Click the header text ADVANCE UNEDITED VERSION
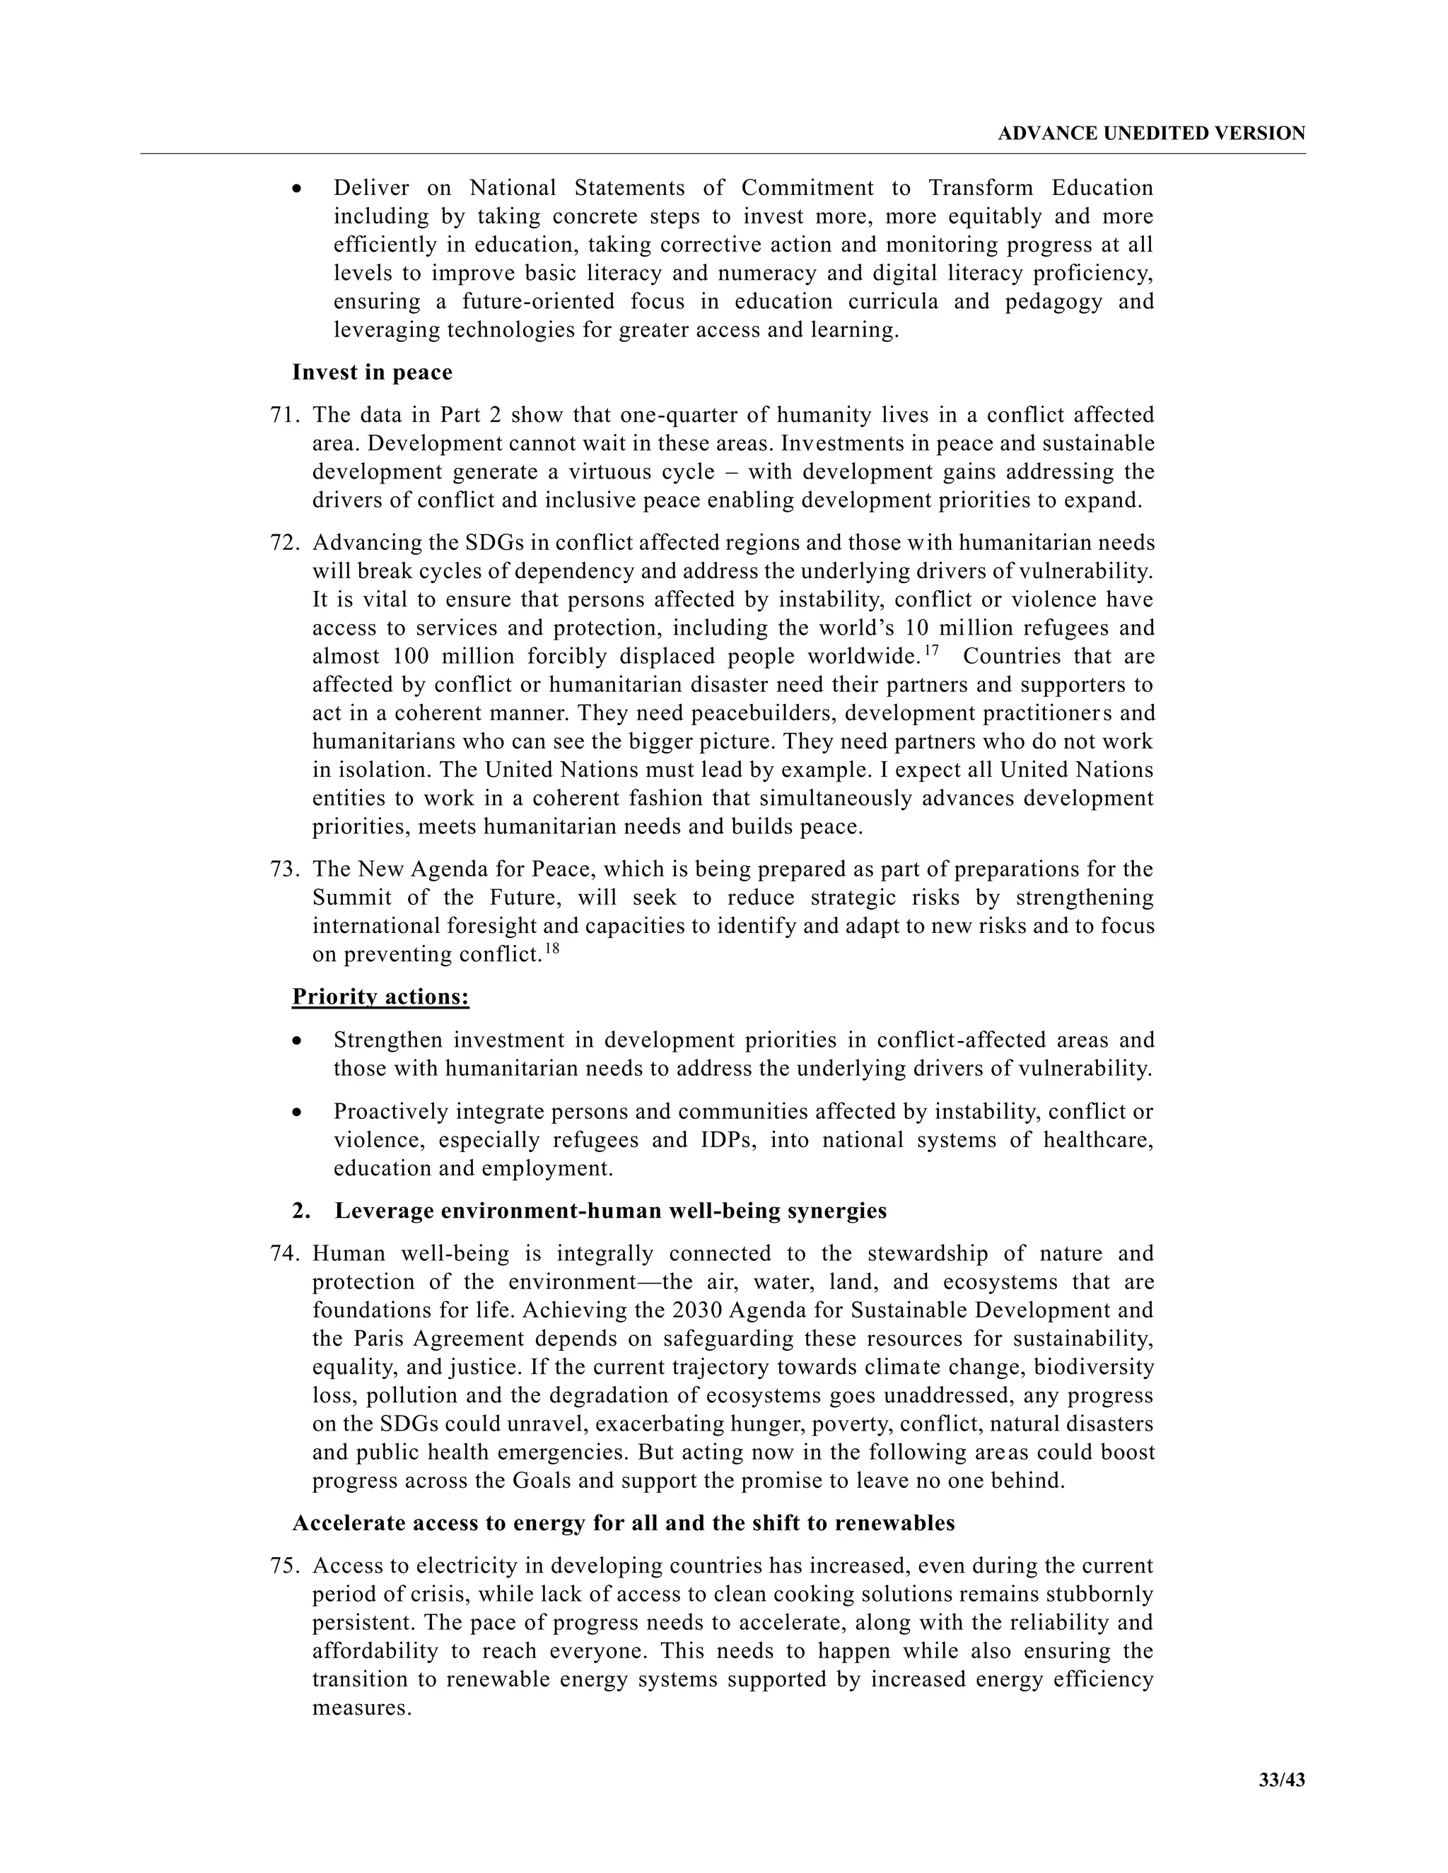coord(1151,134)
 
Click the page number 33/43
coord(1282,1780)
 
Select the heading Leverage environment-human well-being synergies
coord(610,1211)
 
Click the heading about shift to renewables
coord(623,1523)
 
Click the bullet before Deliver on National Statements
coord(297,189)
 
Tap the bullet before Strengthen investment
coord(297,1041)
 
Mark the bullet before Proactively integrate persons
coord(297,1112)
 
